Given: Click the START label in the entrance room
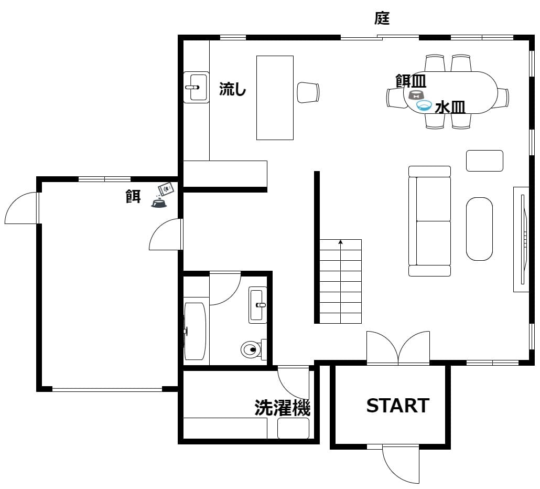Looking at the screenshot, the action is tap(397, 406).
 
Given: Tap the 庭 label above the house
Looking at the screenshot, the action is tap(382, 18).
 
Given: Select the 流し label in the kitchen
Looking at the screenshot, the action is tap(232, 89).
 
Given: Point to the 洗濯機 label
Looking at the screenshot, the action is tap(283, 408).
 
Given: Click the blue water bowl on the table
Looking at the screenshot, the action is tap(424, 105).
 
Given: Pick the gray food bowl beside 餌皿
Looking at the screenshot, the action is tap(416, 95).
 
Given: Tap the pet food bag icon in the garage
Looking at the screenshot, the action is tap(166, 189).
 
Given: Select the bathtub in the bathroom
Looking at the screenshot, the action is tap(195, 331).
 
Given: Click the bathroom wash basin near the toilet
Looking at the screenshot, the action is tap(257, 305).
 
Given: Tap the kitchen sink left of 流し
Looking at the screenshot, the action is tap(196, 87).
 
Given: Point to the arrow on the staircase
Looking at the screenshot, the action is tap(341, 281).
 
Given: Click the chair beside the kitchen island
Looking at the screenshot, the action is tap(308, 92).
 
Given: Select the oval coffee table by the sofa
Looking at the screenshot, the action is tap(479, 229).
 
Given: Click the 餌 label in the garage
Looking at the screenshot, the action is tap(133, 196).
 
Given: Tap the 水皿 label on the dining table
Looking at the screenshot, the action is tap(450, 108).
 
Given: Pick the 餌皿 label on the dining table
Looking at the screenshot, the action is tap(411, 81).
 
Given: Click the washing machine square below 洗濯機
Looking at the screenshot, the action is tap(293, 428).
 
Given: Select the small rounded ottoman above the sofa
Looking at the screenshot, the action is tap(484, 161).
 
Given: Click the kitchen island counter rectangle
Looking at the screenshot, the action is tap(275, 98).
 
